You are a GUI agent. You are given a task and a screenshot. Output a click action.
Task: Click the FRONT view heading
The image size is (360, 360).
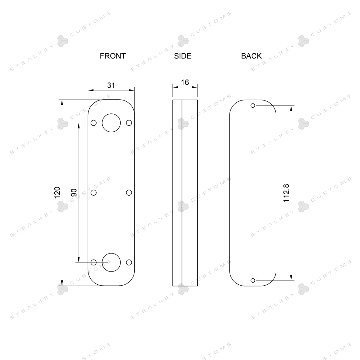tap(113, 56)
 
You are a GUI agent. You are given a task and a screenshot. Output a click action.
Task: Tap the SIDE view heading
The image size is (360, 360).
tap(182, 56)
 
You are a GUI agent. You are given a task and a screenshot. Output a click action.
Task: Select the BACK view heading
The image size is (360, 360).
tap(251, 56)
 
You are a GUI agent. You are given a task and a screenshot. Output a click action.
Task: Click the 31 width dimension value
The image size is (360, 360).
tap(111, 85)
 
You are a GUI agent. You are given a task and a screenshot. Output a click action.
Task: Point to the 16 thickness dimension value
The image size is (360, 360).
tap(185, 82)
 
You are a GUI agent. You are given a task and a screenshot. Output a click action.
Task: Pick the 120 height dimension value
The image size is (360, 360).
tap(57, 193)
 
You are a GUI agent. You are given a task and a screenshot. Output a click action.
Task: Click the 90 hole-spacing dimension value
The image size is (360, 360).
tap(74, 193)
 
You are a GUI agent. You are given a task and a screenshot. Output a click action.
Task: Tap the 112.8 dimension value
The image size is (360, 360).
tap(286, 193)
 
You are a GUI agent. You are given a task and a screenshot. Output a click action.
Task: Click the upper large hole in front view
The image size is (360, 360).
tap(111, 114)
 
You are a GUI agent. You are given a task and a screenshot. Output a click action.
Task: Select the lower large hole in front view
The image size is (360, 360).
tap(111, 253)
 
